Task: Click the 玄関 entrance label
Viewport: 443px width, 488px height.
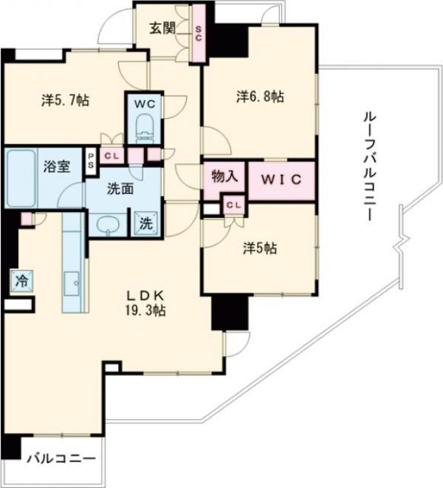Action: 162,29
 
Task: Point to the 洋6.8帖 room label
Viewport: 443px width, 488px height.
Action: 260,97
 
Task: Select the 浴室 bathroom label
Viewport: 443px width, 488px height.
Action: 57,166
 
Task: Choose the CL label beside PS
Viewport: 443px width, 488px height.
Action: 112,156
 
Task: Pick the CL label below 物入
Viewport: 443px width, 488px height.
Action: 234,205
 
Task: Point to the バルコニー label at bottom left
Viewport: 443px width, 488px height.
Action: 61,459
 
